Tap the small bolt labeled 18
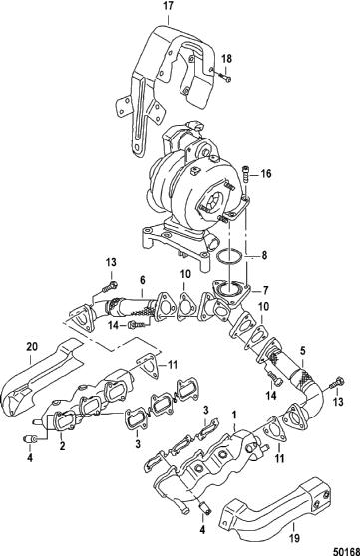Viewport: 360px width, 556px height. pyautogui.click(x=223, y=77)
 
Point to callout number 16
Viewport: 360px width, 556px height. pyautogui.click(x=266, y=173)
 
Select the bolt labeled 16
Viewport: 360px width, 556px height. pyautogui.click(x=245, y=174)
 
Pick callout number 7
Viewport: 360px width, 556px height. pyautogui.click(x=266, y=291)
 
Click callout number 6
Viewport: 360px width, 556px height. pyautogui.click(x=142, y=280)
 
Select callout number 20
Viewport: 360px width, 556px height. pyautogui.click(x=32, y=347)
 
